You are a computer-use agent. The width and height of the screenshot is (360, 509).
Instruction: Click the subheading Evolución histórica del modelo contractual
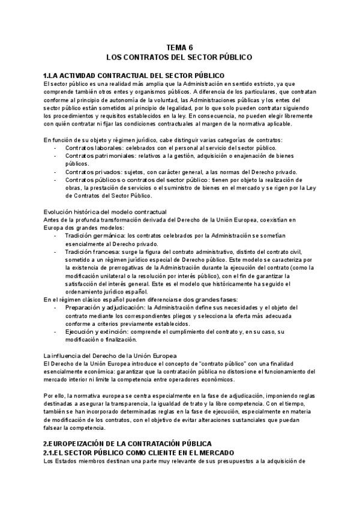pyautogui.click(x=106, y=211)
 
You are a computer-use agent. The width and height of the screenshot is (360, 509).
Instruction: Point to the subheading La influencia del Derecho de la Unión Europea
pyautogui.click(x=110, y=355)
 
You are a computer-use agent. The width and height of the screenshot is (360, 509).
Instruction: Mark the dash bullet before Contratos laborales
pyautogui.click(x=55, y=147)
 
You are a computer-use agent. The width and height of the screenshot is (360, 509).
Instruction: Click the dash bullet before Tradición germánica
pyautogui.click(x=55, y=235)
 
